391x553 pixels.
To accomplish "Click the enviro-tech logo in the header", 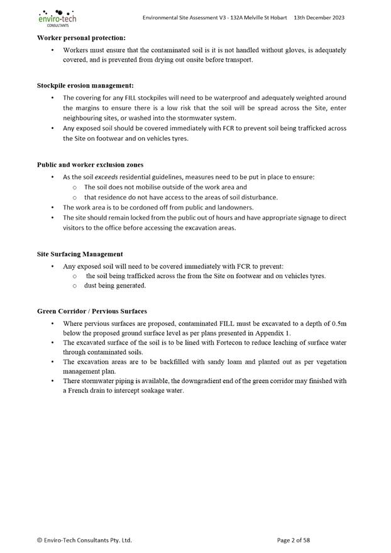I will [x=57, y=18].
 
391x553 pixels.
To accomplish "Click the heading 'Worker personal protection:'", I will [x=81, y=38].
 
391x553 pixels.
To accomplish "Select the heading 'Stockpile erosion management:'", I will [x=85, y=86].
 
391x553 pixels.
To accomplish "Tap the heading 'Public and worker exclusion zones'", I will [x=90, y=165].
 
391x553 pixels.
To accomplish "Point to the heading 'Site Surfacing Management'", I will [x=80, y=254].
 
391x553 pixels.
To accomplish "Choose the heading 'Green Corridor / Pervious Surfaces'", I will [x=92, y=311].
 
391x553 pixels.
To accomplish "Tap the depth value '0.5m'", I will [x=338, y=323].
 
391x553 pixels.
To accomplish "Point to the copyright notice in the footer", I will [x=84, y=540].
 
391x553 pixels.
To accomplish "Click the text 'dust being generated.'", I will [x=115, y=286].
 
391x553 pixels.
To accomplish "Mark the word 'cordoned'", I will [x=135, y=208].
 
